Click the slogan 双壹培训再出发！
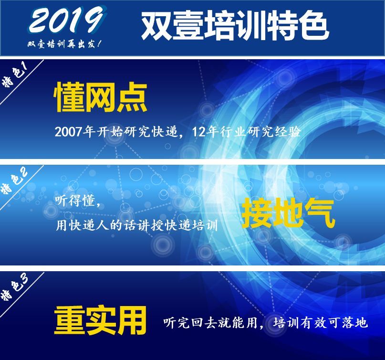coord(64,44)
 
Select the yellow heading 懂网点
coord(100,97)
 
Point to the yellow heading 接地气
coord(288,213)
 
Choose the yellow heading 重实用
coord(100,320)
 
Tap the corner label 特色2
coord(15,182)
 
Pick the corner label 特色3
coord(15,288)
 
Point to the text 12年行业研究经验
coord(246,132)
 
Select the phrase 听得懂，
coord(78,201)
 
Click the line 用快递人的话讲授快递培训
coord(137,224)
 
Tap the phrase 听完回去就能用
coord(210,322)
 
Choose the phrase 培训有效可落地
coord(321,322)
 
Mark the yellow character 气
coord(320,213)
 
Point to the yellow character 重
coord(69,320)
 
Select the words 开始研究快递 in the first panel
coord(137,132)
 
